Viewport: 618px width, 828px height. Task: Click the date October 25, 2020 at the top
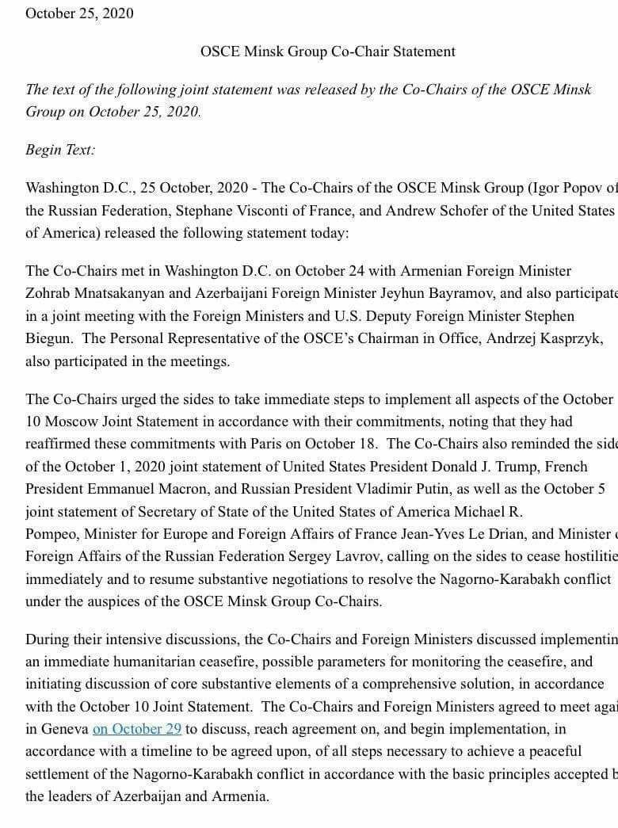point(79,13)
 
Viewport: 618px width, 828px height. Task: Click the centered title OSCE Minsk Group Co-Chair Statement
point(328,52)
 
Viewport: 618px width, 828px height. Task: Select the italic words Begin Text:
point(60,150)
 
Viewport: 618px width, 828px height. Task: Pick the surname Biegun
point(52,338)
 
